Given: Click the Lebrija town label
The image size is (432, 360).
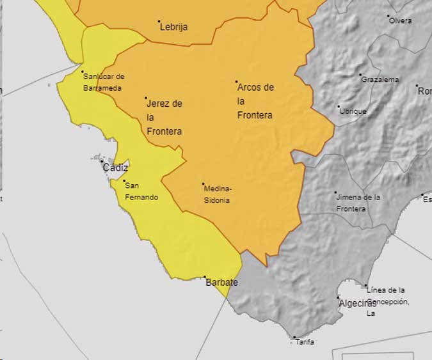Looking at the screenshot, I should point(174,27).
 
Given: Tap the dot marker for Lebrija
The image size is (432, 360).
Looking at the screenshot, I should point(159,21).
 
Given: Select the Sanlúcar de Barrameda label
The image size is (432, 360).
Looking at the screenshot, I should point(103,82).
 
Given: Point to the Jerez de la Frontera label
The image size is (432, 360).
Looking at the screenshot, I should point(164,117).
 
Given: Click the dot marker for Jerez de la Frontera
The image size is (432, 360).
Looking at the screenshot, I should point(146,98).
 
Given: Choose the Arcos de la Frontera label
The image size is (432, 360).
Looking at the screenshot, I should point(255,101).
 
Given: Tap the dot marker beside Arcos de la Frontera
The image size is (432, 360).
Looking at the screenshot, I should point(237,82).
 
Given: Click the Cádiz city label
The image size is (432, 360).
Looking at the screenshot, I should point(115,168).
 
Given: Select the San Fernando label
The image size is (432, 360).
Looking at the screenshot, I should point(141,191).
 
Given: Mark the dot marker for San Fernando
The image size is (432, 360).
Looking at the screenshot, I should point(124,181).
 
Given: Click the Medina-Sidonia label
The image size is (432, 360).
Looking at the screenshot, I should point(218,194).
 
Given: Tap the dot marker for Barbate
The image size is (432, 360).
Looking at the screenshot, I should point(205,277).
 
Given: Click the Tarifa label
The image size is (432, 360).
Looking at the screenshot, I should point(305,342).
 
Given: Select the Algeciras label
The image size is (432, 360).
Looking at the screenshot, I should point(357,303).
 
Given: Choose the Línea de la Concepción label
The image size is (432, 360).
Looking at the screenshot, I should point(387,302).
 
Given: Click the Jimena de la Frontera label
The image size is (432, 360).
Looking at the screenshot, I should point(358,203).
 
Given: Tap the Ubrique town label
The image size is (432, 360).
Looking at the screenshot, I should point(353,111).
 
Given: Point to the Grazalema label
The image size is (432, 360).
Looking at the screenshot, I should point(380,80).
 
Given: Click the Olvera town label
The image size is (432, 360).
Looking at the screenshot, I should point(401,20).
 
